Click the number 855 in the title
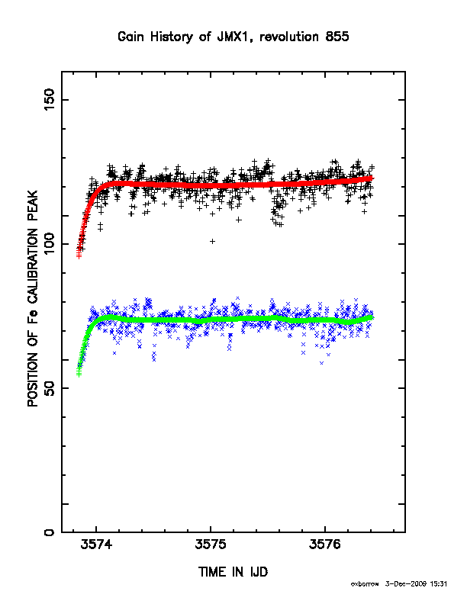pyautogui.click(x=337, y=37)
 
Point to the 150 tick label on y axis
pyautogui.click(x=50, y=99)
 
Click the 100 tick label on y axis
pyautogui.click(x=50, y=244)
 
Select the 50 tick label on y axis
pyautogui.click(x=50, y=388)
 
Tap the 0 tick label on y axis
pyautogui.click(x=50, y=532)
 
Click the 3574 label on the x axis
pyautogui.click(x=96, y=545)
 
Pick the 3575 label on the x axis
pyautogui.click(x=211, y=545)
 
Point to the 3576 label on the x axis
pyautogui.click(x=325, y=545)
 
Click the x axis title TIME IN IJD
pyautogui.click(x=233, y=572)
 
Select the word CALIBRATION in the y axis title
pyautogui.click(x=33, y=267)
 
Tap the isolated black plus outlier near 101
pyautogui.click(x=212, y=242)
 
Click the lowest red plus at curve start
pyautogui.click(x=79, y=256)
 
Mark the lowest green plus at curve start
pyautogui.click(x=79, y=374)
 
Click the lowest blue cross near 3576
pyautogui.click(x=322, y=363)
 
